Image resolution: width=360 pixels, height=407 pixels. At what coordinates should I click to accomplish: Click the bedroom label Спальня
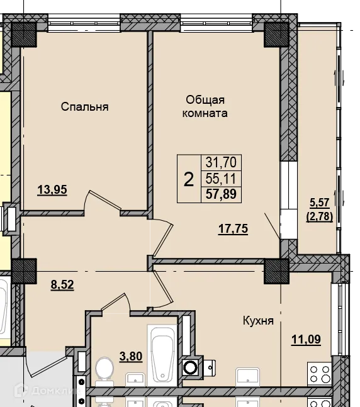[x=85, y=107]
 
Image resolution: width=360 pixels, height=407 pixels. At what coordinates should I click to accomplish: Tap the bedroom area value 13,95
[x=52, y=189]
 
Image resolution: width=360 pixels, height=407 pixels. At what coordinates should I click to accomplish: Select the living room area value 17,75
[x=233, y=229]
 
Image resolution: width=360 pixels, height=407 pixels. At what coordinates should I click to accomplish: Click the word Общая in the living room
[x=205, y=100]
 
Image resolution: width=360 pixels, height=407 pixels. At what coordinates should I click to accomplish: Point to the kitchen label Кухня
[x=258, y=321]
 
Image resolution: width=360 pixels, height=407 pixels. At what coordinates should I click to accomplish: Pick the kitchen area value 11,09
[x=307, y=339]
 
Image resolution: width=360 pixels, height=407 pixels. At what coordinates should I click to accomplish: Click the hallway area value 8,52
[x=62, y=284]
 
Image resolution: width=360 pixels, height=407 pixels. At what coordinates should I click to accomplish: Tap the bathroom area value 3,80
[x=131, y=356]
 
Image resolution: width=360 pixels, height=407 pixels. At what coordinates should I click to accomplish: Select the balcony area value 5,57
[x=320, y=203]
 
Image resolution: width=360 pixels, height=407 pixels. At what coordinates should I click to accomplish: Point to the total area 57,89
[x=222, y=194]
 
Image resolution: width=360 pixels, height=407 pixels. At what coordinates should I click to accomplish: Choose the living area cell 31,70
[x=222, y=162]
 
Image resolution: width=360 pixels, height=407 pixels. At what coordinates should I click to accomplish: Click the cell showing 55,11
[x=222, y=179]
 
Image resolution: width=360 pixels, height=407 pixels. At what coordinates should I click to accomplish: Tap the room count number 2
[x=189, y=179]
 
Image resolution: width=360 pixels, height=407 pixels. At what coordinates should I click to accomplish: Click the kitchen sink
[x=247, y=377]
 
